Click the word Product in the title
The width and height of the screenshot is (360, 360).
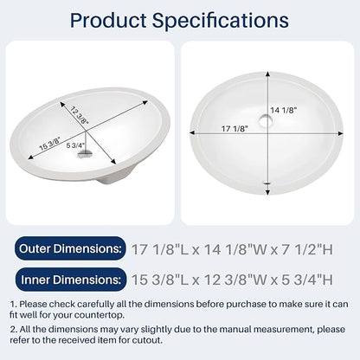coord(108,20)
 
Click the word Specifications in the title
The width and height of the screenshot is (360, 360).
coord(221,21)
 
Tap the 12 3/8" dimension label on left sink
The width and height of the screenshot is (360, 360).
coord(79,115)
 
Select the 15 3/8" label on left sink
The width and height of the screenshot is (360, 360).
coord(50,144)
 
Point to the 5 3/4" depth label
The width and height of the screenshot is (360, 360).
coord(75,145)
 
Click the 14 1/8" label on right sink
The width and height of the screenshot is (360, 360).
coord(283,110)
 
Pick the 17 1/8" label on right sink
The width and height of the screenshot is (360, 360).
coord(235,129)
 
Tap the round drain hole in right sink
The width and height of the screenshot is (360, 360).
coord(265,121)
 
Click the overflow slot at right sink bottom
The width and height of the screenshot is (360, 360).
coord(267,183)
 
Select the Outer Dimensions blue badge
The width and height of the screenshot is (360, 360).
coord(70,248)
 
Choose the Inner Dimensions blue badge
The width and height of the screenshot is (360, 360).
coord(71,280)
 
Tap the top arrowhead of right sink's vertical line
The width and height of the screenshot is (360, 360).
coord(268,74)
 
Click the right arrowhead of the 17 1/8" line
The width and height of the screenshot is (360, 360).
coord(341,133)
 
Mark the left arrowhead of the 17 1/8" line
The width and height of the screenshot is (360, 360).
coord(192,132)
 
